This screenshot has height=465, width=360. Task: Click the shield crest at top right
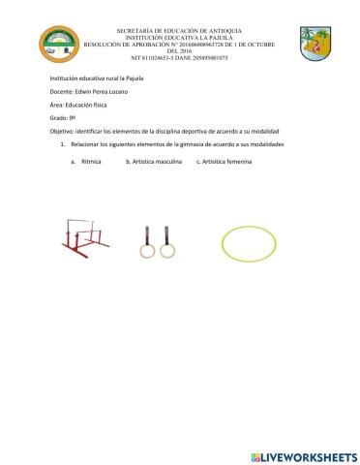pyautogui.click(x=315, y=44)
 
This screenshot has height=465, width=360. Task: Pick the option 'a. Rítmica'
pyautogui.click(x=86, y=163)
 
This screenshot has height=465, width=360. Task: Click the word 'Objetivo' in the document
pyautogui.click(x=66, y=128)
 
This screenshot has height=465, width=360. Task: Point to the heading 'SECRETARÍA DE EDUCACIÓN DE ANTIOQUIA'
pyautogui.click(x=181, y=31)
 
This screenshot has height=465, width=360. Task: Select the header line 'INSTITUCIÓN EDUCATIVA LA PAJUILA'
pyautogui.click(x=181, y=38)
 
